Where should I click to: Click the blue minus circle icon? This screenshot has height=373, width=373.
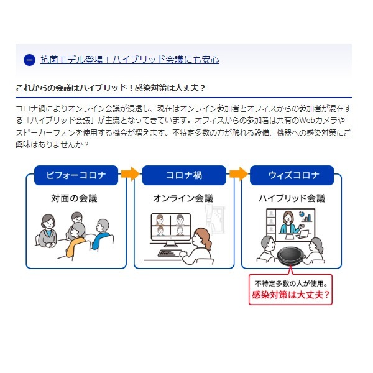(x=29, y=60)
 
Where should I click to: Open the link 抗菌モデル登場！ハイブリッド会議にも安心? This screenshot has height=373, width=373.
(x=130, y=60)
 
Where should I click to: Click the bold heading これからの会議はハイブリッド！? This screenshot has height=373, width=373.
(x=75, y=88)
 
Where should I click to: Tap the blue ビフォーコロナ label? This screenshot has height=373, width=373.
(x=76, y=175)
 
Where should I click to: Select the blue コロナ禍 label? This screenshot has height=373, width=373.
(x=184, y=175)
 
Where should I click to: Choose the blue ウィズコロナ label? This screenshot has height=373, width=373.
(x=292, y=175)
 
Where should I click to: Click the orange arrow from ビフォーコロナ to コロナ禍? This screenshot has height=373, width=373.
(x=130, y=174)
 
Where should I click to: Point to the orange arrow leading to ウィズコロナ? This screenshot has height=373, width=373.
(x=238, y=174)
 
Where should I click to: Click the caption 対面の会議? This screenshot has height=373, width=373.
(x=74, y=198)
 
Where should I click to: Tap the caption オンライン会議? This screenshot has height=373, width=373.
(x=183, y=198)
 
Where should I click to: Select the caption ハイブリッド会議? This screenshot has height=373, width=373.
(x=292, y=198)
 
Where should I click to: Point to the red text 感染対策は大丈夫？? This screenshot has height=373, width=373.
(x=291, y=295)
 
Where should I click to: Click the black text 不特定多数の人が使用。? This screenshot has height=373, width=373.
(x=291, y=283)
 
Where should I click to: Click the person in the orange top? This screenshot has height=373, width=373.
(x=76, y=240)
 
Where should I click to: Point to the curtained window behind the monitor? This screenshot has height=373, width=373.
(x=215, y=219)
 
